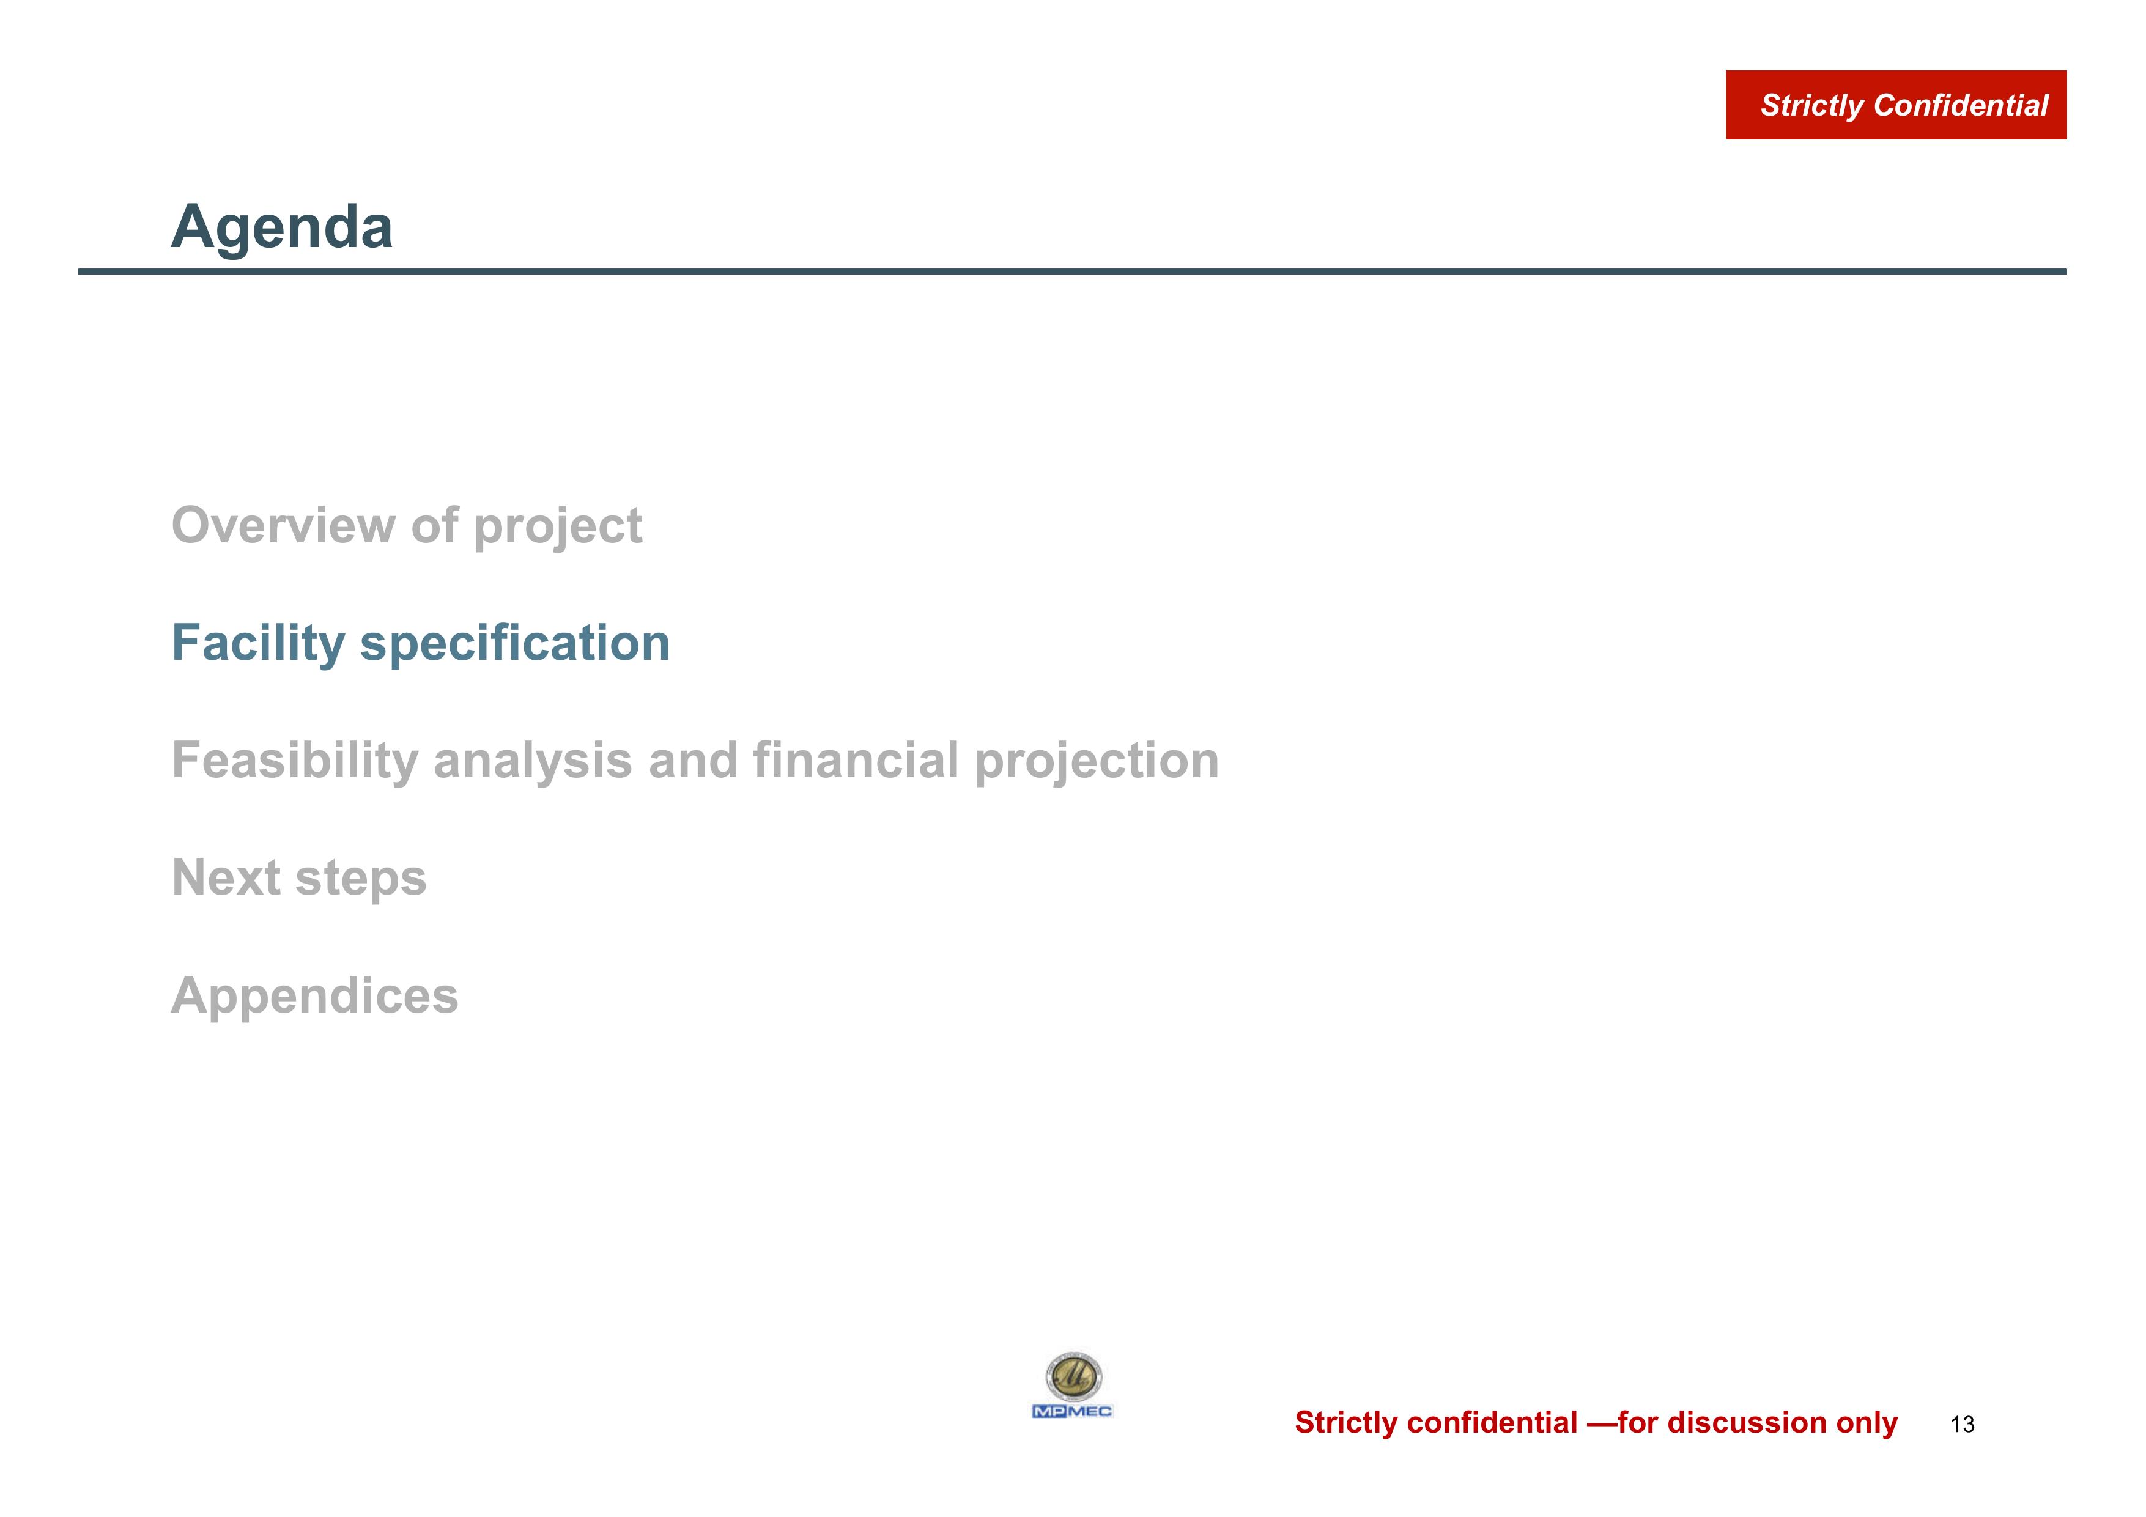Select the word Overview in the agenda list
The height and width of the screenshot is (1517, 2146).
[x=283, y=525]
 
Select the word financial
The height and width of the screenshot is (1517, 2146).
[x=856, y=760]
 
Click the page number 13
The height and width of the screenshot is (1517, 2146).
[x=1963, y=1425]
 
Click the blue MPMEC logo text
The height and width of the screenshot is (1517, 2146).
[x=1072, y=1411]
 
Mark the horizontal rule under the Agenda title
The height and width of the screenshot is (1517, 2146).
[x=1072, y=271]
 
